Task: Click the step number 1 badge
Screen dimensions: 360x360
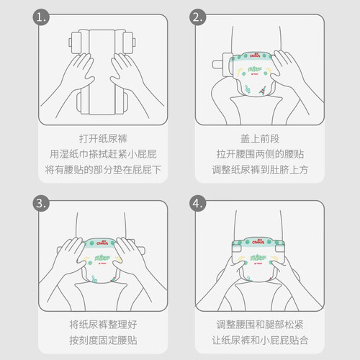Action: pos(41,17)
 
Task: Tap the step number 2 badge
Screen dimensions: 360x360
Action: pos(198,17)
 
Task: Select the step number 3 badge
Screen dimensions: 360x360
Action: pos(41,203)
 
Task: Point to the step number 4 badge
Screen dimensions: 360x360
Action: pos(198,203)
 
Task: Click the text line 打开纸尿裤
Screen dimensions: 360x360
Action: pos(103,139)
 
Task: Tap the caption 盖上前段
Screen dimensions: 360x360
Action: pos(260,139)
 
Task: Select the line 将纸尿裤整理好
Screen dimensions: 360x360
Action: pos(103,325)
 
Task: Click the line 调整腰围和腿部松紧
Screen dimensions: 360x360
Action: pos(260,325)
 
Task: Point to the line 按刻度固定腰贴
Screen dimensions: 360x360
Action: pos(103,340)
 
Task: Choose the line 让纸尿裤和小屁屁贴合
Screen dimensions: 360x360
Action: pos(260,340)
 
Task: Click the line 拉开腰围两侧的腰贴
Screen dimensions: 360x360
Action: pos(260,154)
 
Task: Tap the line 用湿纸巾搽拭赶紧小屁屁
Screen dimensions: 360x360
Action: pos(103,154)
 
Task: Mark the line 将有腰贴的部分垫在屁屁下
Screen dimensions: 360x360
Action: pos(103,170)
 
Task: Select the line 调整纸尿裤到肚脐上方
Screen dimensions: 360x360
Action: pos(260,170)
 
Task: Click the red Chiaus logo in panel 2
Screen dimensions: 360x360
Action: pos(255,55)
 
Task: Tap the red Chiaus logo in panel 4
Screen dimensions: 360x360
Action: pos(258,242)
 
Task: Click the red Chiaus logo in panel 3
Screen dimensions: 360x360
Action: pos(102,243)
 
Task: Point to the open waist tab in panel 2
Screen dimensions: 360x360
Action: pos(222,64)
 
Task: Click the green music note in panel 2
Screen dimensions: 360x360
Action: pos(248,89)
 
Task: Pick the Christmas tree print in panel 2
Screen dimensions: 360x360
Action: pos(262,90)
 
